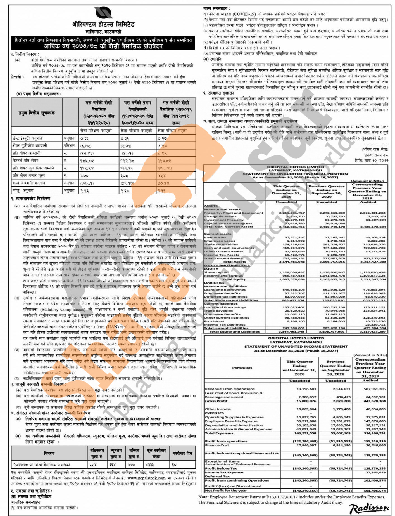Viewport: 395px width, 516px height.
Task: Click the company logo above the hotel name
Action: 103,13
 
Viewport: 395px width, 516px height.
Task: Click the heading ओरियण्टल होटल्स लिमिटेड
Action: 103,25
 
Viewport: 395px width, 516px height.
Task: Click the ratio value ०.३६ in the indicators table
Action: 84,138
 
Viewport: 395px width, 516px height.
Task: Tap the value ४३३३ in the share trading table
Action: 150,465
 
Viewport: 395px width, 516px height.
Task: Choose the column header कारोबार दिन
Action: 182,453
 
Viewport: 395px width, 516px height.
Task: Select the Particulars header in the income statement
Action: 242,368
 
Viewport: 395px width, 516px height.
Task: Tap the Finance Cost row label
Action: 217,445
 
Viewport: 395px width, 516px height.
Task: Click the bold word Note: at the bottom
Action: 204,497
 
